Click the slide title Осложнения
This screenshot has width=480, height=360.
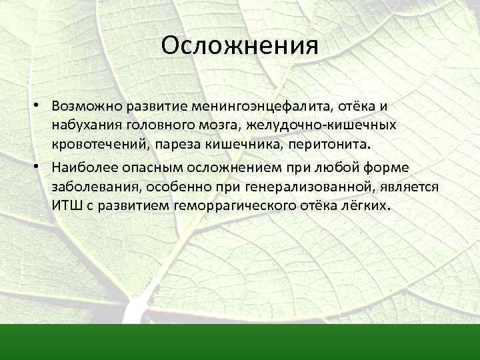click(240, 47)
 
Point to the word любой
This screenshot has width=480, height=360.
click(321, 169)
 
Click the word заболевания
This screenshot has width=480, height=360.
click(89, 187)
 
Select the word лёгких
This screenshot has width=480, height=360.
click(361, 205)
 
